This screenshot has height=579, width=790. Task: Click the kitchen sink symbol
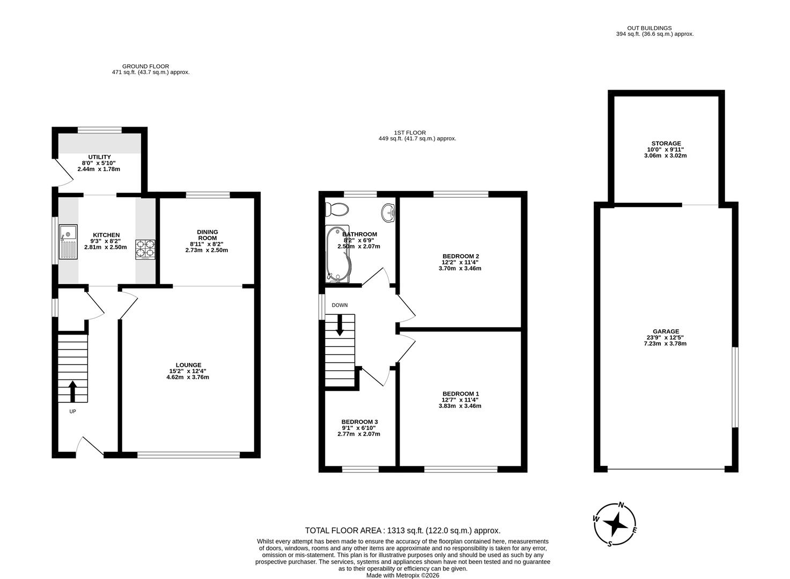pos(68,242)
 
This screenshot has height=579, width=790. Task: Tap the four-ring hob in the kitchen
pos(145,249)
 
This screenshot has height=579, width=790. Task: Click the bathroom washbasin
pos(389,212)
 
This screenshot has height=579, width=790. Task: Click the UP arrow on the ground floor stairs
pos(72,391)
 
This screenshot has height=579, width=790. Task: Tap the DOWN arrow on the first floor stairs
pos(339,325)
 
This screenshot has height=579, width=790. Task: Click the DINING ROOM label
pos(207,235)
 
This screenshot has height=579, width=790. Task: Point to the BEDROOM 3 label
pos(359,422)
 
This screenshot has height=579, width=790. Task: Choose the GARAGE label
pos(666,331)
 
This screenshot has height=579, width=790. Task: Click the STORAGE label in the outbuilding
pos(666,143)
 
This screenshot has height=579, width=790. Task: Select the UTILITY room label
pos(99,157)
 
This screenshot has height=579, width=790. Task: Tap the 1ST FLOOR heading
pos(410,132)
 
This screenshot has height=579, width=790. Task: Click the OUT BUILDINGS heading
pos(649,28)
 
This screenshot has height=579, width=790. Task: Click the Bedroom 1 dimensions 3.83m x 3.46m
pos(460,406)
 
